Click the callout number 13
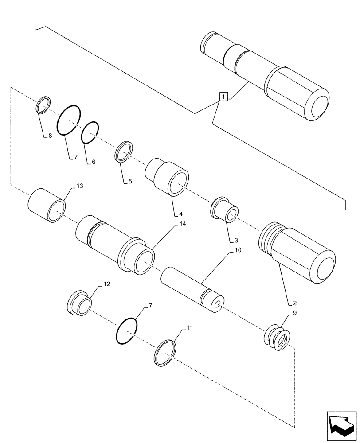point(79,186)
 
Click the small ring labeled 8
point(43,105)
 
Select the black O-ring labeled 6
point(90,132)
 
